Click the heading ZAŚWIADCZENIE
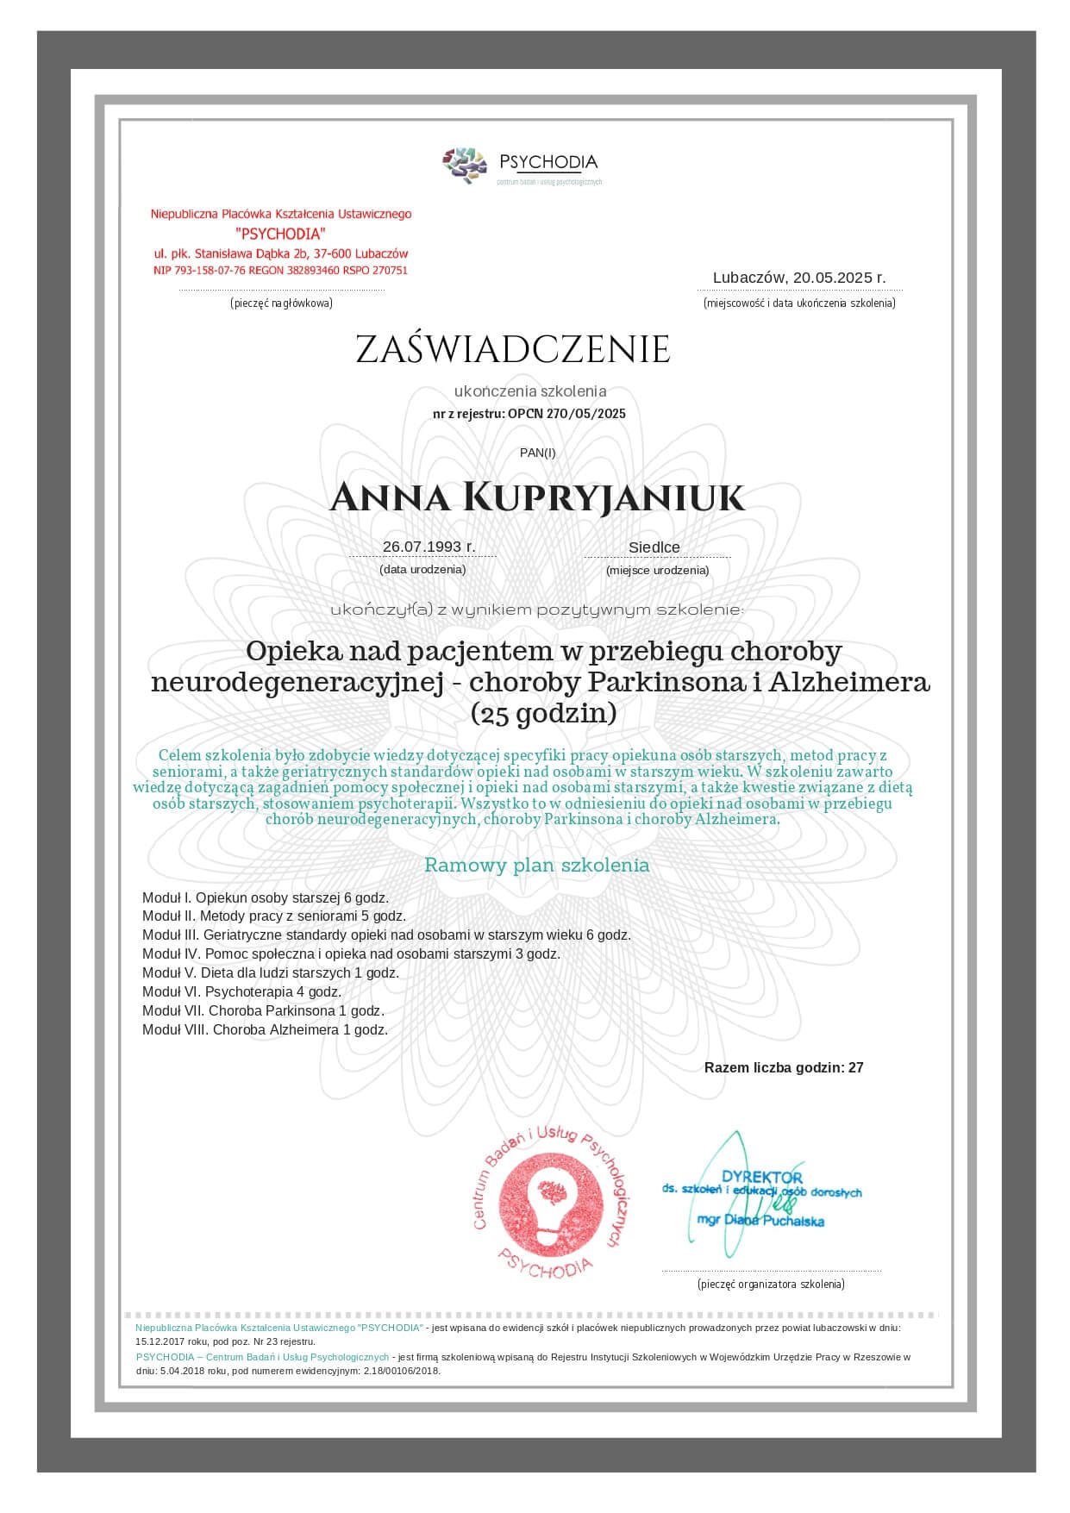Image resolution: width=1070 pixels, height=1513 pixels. pyautogui.click(x=513, y=349)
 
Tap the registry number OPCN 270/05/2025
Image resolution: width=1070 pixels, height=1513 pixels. pyautogui.click(x=566, y=414)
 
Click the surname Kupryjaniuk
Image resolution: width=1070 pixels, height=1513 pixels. pyautogui.click(x=604, y=498)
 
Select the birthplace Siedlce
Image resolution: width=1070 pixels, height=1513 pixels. pyautogui.click(x=654, y=547)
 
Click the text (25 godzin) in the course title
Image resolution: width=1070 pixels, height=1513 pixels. pyautogui.click(x=543, y=713)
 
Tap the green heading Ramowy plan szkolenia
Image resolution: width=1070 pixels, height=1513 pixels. pyautogui.click(x=536, y=865)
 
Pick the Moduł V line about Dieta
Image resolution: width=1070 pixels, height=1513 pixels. pyautogui.click(x=271, y=972)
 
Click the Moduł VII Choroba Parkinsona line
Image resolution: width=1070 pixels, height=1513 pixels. pyautogui.click(x=263, y=1010)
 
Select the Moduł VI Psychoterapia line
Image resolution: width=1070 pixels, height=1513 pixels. pyautogui.click(x=241, y=991)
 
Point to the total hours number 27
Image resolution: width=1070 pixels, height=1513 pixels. pyautogui.click(x=855, y=1067)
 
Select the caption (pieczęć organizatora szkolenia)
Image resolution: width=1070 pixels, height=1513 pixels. pyautogui.click(x=771, y=1284)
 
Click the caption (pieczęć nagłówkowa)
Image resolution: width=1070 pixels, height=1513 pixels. pyautogui.click(x=281, y=303)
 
